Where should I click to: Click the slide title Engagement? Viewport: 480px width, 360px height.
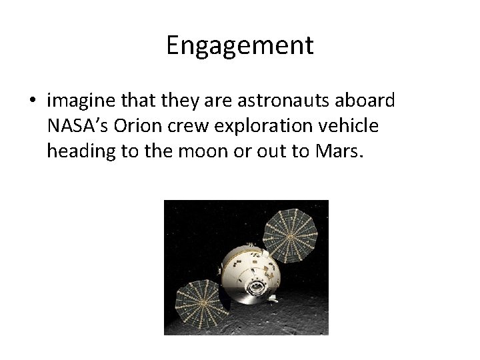click(239, 46)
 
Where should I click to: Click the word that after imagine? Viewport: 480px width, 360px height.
click(129, 101)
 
